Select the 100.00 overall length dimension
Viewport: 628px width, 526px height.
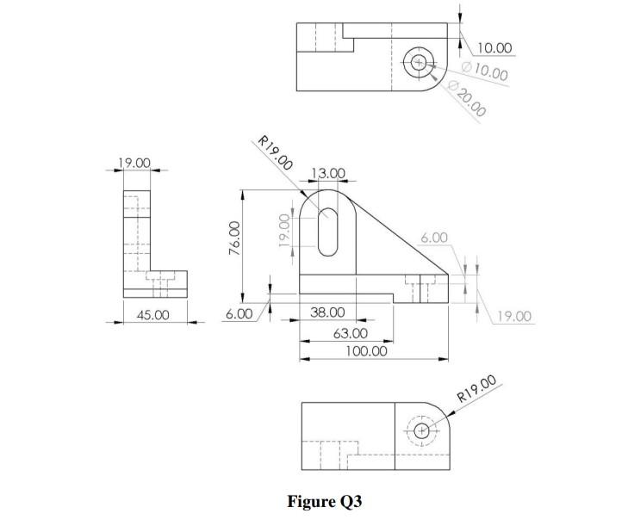[x=366, y=351]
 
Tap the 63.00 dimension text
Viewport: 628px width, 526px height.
[x=350, y=333]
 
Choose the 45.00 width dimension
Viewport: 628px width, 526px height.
[x=152, y=315]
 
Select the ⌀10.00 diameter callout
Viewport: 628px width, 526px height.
[x=485, y=71]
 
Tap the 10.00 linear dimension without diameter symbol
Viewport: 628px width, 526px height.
[x=494, y=48]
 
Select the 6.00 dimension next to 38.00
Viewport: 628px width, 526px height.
[x=239, y=314]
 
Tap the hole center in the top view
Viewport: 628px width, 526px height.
[x=419, y=62]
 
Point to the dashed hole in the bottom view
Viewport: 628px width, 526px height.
[x=421, y=430]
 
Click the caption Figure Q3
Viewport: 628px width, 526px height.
[x=325, y=502]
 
